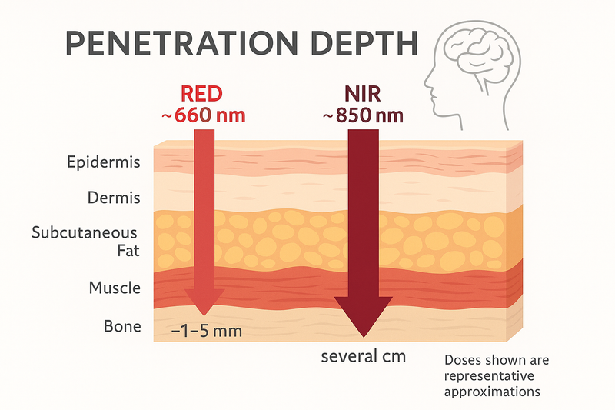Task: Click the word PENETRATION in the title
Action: (182, 43)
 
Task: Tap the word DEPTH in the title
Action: (364, 43)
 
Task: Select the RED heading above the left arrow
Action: (201, 94)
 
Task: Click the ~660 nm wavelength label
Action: (204, 115)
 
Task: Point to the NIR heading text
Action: (362, 94)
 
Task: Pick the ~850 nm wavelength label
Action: (363, 115)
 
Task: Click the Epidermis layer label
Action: (104, 162)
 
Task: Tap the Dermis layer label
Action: (114, 198)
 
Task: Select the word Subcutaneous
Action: (85, 232)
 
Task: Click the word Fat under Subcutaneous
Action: (128, 251)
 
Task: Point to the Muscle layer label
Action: (115, 288)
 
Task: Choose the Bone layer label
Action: (122, 326)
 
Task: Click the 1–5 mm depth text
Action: (207, 332)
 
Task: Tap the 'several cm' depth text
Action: (363, 356)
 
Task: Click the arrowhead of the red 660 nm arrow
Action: (204, 302)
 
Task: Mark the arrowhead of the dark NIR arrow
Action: (364, 317)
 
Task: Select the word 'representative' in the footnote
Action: (489, 376)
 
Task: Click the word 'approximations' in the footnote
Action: (492, 392)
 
